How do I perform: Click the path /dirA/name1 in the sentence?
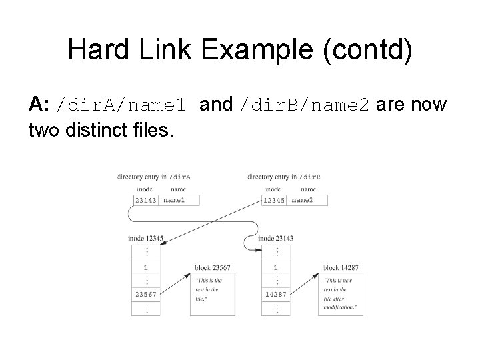click(x=124, y=106)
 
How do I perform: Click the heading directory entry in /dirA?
click(x=153, y=177)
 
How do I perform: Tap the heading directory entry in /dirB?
click(x=283, y=177)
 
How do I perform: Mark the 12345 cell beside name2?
click(x=275, y=200)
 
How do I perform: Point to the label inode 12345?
click(x=145, y=238)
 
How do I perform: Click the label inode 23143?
click(x=275, y=238)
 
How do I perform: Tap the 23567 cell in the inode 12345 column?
click(x=146, y=294)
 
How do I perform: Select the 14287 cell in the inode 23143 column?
click(x=275, y=294)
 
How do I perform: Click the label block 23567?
click(x=213, y=268)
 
